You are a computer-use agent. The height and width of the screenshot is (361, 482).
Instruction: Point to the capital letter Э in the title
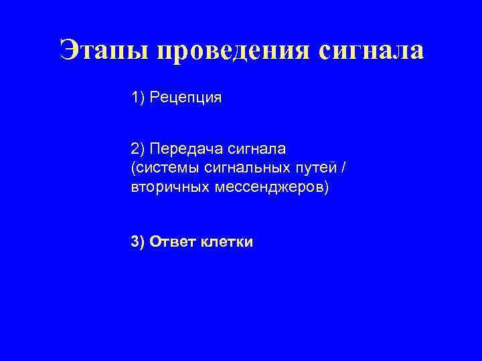70,51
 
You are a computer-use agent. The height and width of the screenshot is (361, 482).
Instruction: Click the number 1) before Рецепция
138,98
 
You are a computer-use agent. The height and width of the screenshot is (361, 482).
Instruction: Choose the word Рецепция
185,98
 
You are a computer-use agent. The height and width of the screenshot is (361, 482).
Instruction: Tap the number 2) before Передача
138,148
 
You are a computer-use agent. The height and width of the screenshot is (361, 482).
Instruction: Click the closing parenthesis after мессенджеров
327,187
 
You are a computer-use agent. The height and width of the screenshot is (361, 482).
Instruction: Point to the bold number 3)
138,242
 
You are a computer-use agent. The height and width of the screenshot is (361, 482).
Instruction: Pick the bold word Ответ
172,242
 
